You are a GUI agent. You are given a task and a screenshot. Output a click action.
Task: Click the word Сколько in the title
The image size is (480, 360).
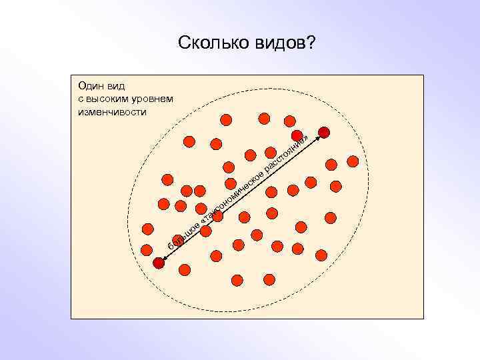(212, 43)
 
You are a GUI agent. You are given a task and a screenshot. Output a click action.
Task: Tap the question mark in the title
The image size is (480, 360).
(311, 43)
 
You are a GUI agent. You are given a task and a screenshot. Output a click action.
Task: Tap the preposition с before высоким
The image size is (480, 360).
(81, 99)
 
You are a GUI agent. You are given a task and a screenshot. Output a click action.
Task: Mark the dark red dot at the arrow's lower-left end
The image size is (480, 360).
(158, 263)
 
